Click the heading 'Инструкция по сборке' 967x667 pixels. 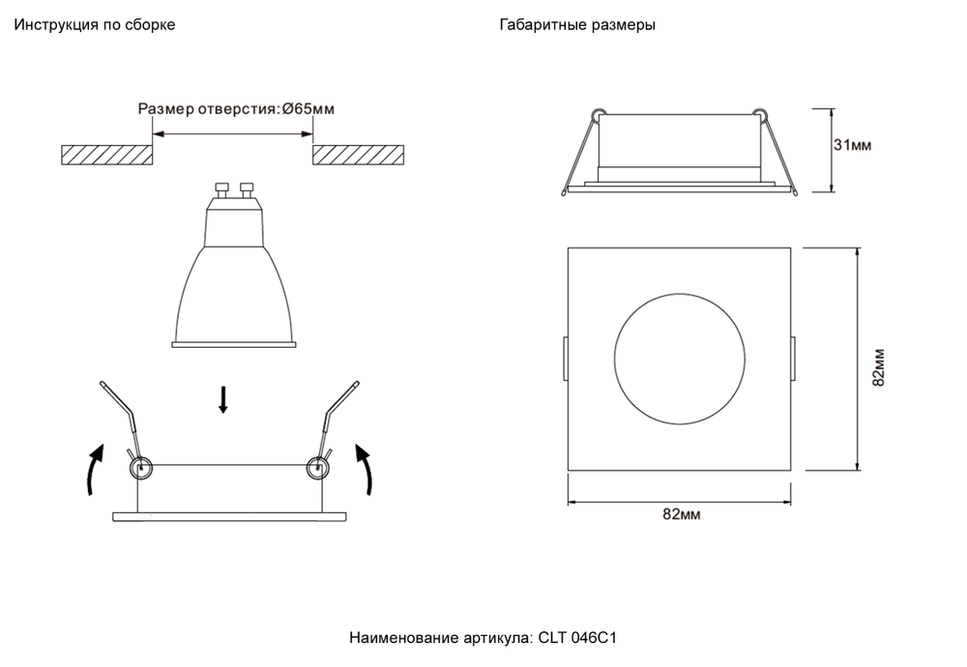point(94,25)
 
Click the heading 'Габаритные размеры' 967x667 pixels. point(577,25)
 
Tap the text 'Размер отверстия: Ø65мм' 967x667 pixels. point(237,109)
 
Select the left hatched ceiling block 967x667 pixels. point(105,154)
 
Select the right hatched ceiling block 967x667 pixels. point(357,154)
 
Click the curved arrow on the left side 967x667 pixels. point(93,469)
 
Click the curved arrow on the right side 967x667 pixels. point(366,469)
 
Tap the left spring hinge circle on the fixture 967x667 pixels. point(141,469)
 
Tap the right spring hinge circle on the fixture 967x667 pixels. point(316,469)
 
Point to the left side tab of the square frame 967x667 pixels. point(564,358)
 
